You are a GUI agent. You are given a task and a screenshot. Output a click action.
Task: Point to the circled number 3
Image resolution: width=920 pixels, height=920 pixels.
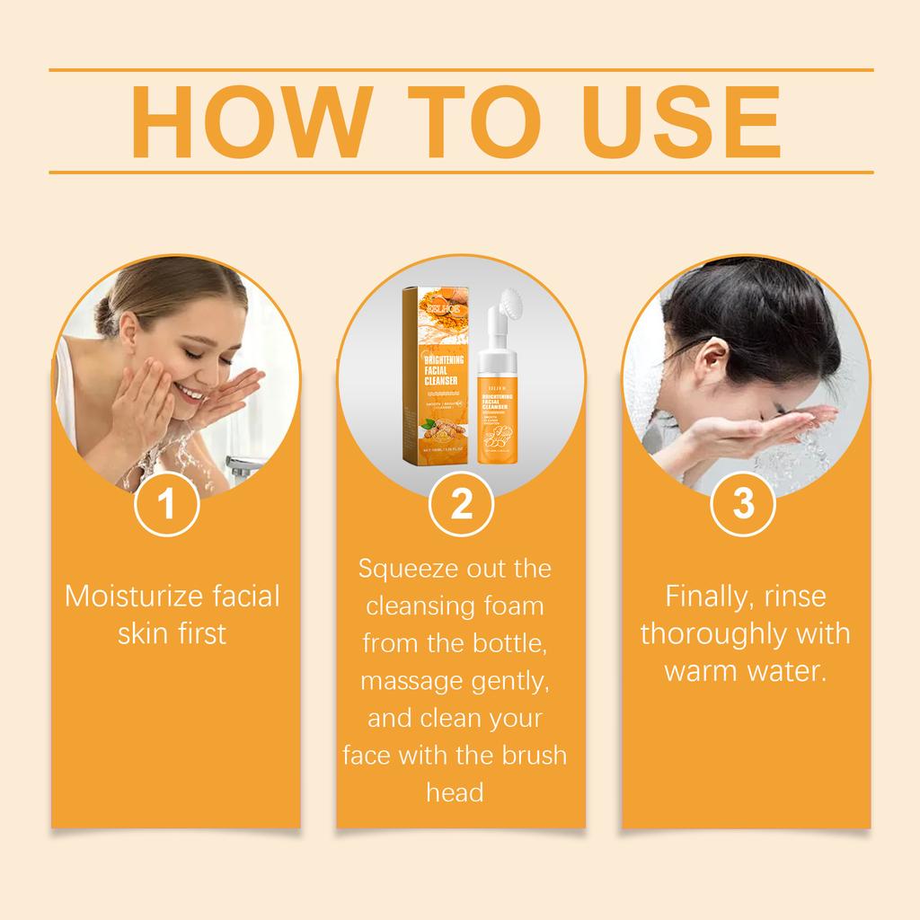click(744, 504)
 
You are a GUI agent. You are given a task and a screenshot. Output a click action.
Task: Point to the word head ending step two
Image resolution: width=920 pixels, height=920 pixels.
click(455, 792)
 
